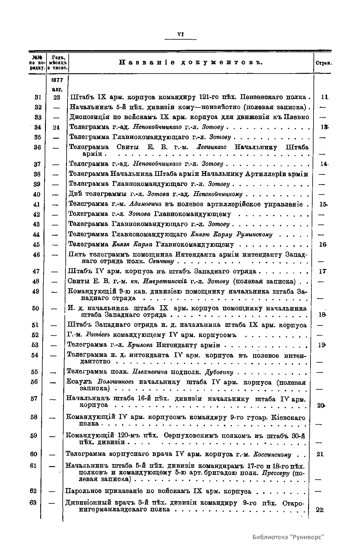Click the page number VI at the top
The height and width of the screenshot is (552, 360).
coord(180,35)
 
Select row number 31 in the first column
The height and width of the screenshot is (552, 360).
coord(37,97)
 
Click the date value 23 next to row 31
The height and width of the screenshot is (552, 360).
coord(57,97)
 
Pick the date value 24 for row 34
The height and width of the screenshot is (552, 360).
coord(57,127)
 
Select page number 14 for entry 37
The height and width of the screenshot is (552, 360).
coord(323,164)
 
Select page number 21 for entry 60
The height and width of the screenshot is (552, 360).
coord(320,454)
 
